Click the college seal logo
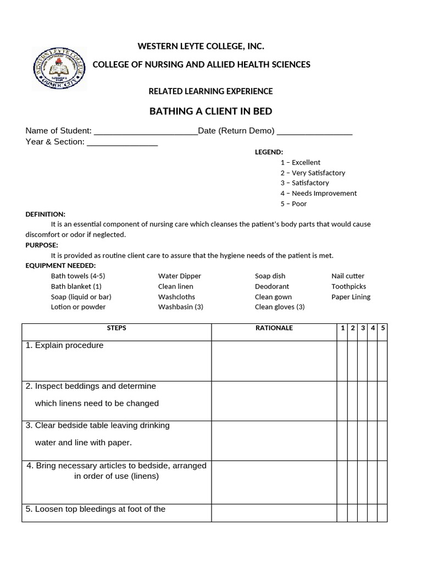(59, 69)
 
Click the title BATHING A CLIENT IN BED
(211, 112)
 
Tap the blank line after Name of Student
(146, 132)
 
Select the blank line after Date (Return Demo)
(314, 132)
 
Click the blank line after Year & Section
(122, 143)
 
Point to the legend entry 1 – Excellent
(300, 163)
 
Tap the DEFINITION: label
(46, 214)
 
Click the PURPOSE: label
(42, 245)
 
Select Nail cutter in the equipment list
(348, 276)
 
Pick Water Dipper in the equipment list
(180, 276)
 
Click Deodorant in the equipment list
(272, 286)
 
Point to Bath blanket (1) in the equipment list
(76, 286)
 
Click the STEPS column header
(116, 328)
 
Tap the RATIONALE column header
(274, 328)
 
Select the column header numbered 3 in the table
(363, 328)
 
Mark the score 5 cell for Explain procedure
(382, 361)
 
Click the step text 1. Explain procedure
(64, 346)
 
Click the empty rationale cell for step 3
(274, 440)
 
